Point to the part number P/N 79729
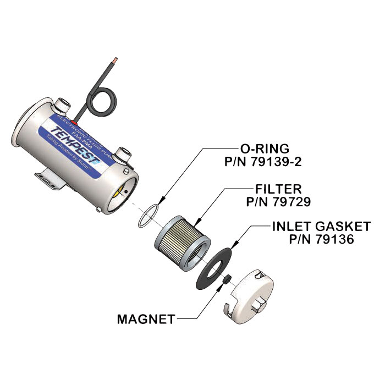pos(279,202)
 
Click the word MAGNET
pos(146,318)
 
